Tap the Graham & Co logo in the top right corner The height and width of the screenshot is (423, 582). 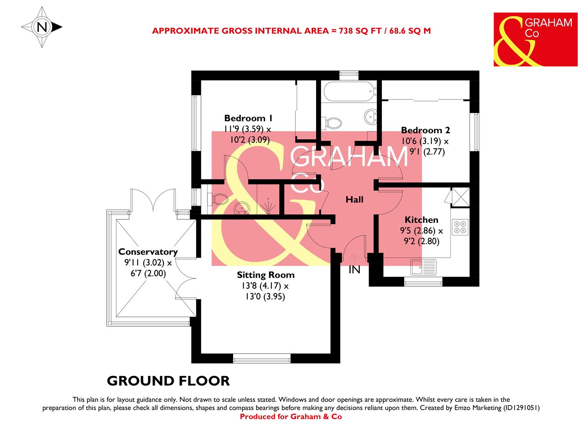coord(535,39)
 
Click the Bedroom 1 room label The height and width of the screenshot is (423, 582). coord(248,118)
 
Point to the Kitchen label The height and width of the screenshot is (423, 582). coord(421,220)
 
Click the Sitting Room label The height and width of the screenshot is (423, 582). coord(266,275)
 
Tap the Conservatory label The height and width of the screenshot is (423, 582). coord(148,252)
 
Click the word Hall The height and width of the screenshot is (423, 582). coord(354,200)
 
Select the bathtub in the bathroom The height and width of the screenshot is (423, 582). coord(349,91)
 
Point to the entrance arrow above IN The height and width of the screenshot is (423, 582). coord(354,258)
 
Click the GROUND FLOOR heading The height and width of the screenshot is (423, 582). coord(168,381)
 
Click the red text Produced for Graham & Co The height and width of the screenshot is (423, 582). coord(291,417)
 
